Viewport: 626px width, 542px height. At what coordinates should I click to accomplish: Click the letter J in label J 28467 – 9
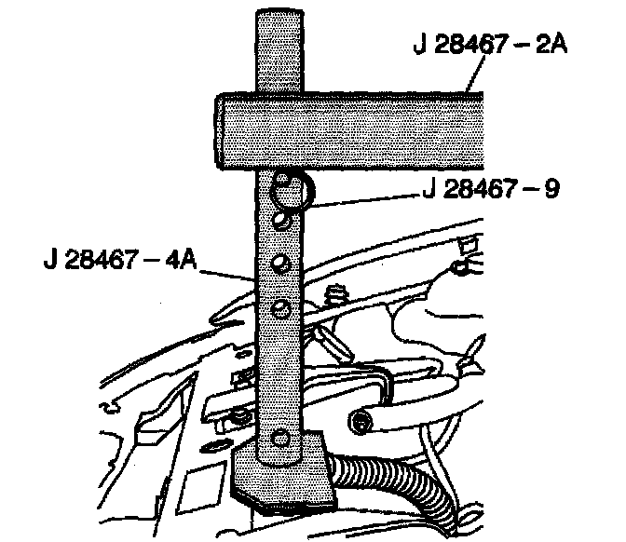(x=427, y=190)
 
